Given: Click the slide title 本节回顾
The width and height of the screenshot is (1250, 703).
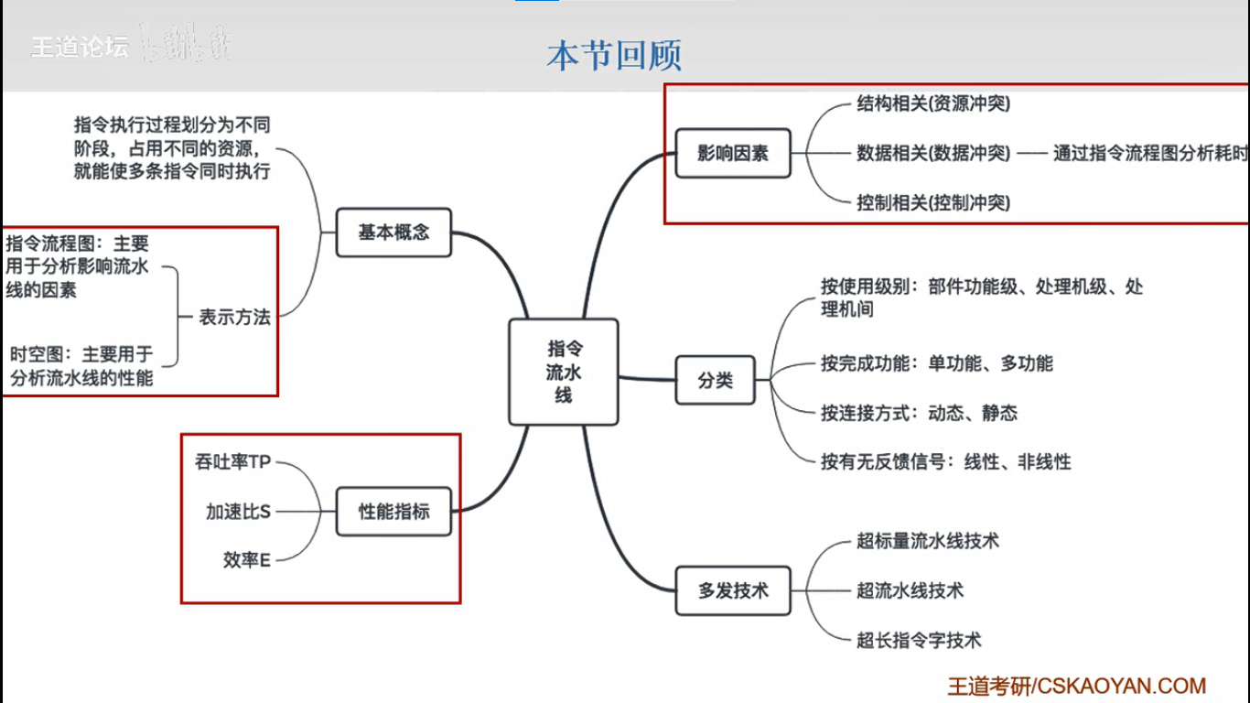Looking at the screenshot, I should point(614,55).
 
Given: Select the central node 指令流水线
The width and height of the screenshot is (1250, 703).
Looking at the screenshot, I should point(564,372).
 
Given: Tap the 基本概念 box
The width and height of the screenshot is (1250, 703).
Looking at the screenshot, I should point(393,233).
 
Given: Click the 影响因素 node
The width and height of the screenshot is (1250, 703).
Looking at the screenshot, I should point(733,153).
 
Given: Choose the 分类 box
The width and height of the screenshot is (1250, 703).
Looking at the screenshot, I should point(716,380).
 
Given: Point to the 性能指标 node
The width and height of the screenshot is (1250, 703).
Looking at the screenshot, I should point(393,512).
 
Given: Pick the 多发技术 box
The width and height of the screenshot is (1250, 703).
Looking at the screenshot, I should point(733,590).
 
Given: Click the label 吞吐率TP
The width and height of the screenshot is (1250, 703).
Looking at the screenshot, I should point(233,462).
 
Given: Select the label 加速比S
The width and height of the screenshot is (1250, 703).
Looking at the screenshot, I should point(238,512).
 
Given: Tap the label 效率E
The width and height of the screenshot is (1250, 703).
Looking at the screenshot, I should point(246,560).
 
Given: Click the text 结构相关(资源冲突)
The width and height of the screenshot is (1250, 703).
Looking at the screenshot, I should point(933,104).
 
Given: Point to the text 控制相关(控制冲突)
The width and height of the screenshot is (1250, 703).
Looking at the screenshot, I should point(933,202).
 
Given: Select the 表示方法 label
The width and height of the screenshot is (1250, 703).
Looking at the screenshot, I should point(235,318).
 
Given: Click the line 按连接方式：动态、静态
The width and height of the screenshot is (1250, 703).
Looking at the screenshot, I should point(919,413).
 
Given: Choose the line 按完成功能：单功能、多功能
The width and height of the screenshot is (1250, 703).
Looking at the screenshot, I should point(936,363).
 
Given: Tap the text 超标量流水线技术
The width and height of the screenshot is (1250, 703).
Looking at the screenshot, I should point(928,541).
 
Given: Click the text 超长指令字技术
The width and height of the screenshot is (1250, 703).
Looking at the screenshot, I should point(919,640).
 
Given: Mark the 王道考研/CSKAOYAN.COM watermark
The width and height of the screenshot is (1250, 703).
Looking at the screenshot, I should point(1076,686).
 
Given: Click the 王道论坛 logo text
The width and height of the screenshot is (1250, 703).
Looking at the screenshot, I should point(80,47).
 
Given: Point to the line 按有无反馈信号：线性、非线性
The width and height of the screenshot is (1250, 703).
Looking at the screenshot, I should point(945,462).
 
